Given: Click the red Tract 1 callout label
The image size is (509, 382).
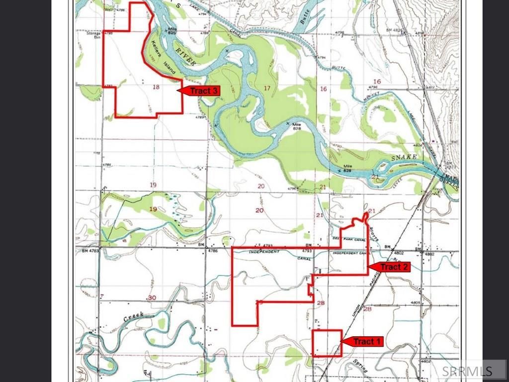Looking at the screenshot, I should (x=363, y=342).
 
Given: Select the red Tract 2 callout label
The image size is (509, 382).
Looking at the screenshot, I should (x=391, y=267).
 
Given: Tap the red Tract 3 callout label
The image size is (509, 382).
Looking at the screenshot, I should (x=200, y=91).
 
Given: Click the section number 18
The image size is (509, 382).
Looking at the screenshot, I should (x=156, y=87).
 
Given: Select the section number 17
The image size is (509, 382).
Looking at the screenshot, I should (x=267, y=89).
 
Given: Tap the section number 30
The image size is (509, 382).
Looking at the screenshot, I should (x=152, y=297).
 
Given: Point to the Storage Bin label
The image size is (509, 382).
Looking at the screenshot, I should (x=93, y=35).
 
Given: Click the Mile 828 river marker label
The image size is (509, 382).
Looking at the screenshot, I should (x=297, y=126).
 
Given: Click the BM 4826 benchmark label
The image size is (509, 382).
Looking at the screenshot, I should (x=394, y=31).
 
